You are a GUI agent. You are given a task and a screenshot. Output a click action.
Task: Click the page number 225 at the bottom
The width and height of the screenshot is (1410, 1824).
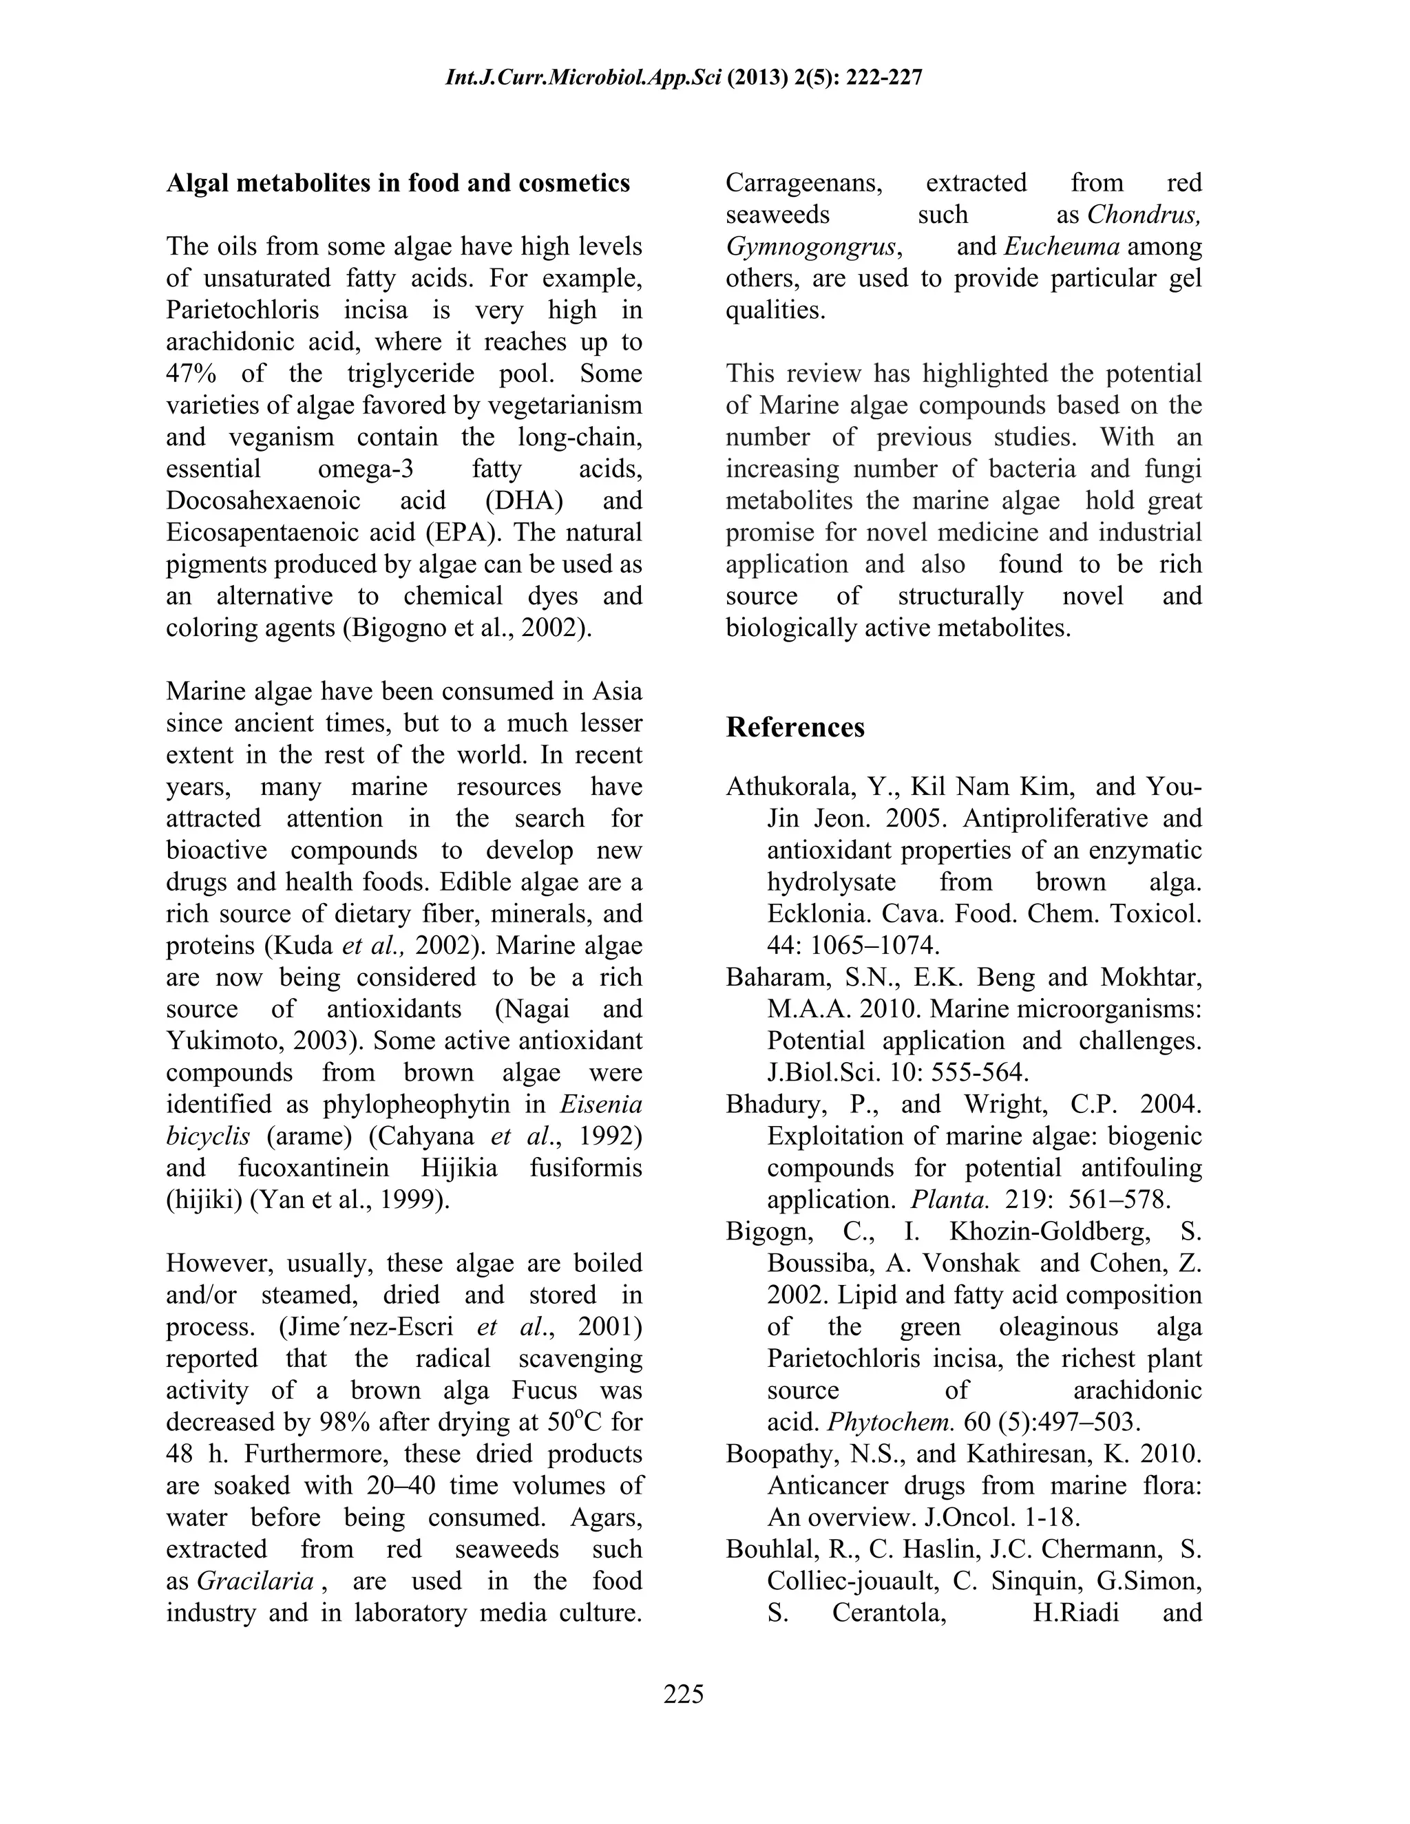[683, 1694]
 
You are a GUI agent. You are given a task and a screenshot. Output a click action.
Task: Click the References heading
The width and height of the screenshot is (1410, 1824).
[795, 727]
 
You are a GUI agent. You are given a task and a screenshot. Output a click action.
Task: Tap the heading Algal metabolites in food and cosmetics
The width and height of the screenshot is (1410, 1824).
[398, 183]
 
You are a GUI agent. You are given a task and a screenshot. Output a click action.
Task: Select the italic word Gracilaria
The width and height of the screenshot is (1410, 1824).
[255, 1580]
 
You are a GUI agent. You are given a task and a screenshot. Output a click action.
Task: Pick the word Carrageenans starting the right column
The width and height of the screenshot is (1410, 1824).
[803, 183]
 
